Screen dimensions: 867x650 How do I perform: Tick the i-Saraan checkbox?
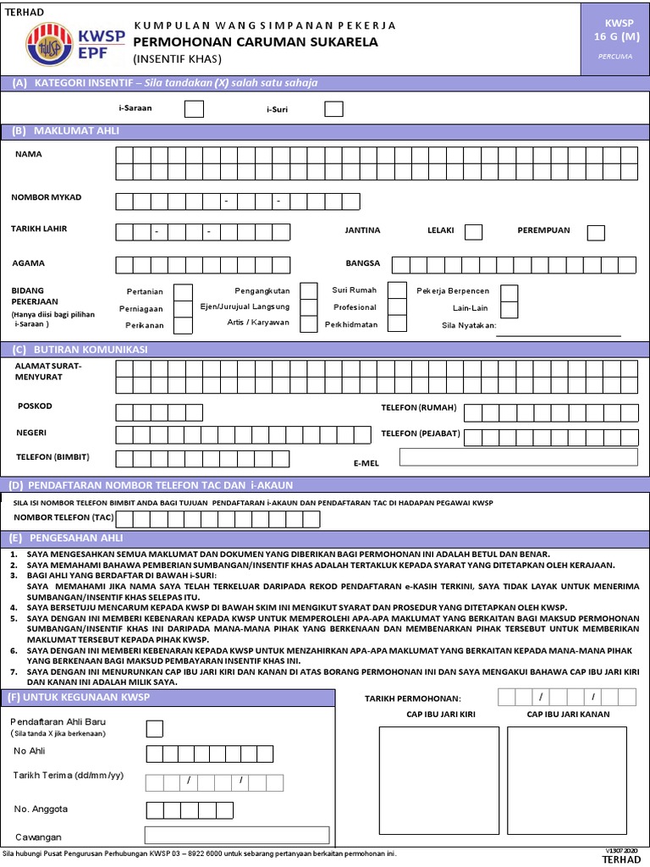194,108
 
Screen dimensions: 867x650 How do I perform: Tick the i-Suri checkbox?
333,108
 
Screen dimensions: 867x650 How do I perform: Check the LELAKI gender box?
474,232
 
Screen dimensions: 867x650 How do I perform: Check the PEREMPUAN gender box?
596,232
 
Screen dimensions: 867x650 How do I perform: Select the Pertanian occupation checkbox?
183,292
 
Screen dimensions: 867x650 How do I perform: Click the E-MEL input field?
518,457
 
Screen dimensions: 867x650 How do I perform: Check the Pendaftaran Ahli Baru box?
155,728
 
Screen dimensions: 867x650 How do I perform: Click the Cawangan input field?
236,835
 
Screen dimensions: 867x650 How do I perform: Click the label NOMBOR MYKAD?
47,197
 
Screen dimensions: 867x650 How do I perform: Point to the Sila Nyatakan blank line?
558,334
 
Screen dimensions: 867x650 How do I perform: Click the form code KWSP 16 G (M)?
617,30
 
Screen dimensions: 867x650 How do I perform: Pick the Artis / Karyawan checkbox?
309,323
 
